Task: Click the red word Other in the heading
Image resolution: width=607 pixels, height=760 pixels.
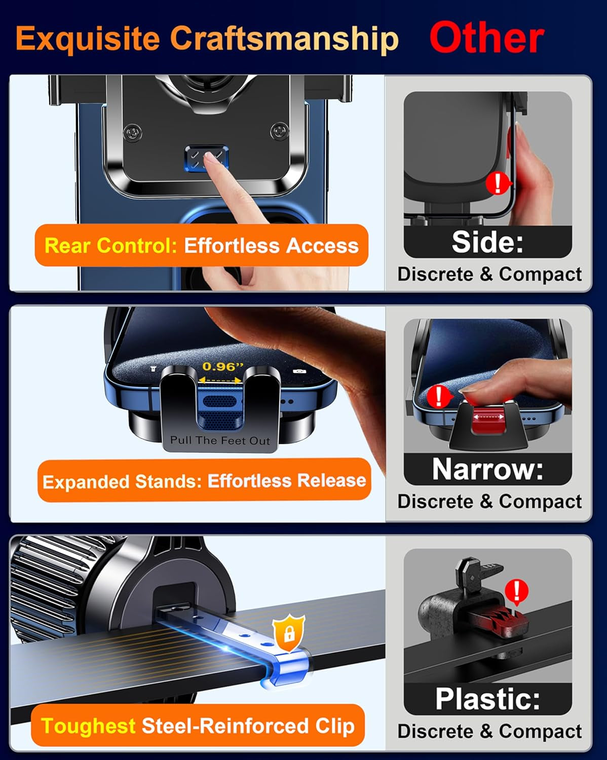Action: tap(486, 39)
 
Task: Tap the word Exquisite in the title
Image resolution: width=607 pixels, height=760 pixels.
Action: tap(87, 39)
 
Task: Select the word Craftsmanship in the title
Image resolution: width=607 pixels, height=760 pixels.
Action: tap(284, 39)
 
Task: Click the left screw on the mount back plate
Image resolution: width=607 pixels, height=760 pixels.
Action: tap(133, 133)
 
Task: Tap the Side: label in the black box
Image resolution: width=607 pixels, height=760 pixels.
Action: tap(487, 242)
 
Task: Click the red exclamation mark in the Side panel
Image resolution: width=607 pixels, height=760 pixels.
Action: tap(498, 183)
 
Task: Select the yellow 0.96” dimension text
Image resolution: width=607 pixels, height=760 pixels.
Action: tap(223, 366)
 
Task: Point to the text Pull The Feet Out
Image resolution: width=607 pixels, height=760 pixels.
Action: tap(220, 440)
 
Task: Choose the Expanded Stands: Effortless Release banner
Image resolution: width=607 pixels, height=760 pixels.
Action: tap(204, 480)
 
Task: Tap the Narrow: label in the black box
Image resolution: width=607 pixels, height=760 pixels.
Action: tap(487, 469)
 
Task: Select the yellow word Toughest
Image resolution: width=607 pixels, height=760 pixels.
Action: tap(88, 726)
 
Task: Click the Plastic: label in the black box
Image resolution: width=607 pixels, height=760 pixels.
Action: tap(487, 699)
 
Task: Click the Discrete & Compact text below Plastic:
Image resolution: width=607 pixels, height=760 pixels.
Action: tap(489, 731)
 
